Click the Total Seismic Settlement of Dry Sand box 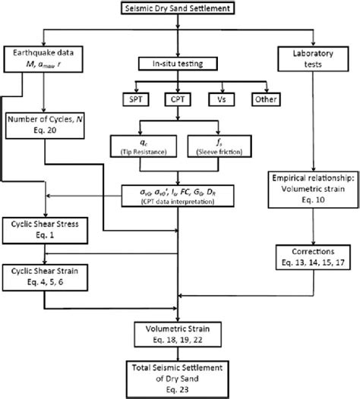click(180, 377)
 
